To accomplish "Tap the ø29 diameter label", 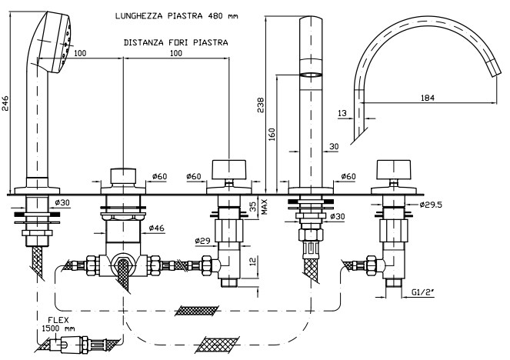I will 203,242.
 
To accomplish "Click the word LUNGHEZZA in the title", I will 145,15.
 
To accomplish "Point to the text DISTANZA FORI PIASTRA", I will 175,42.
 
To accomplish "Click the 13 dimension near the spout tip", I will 342,114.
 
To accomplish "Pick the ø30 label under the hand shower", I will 62,202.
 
